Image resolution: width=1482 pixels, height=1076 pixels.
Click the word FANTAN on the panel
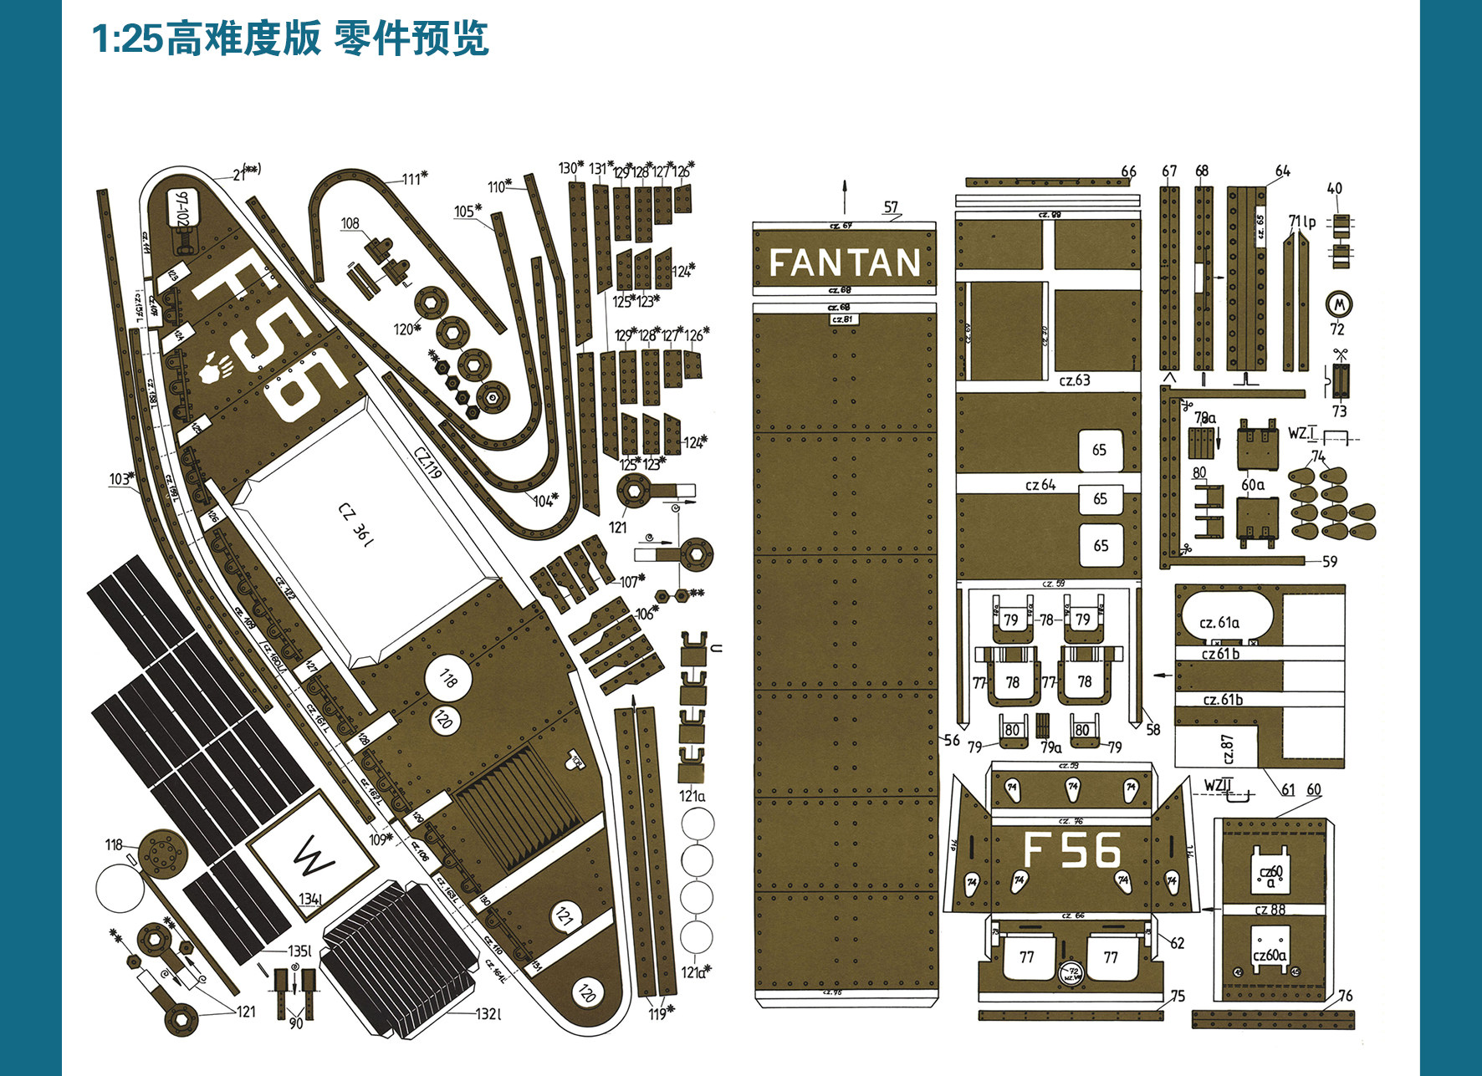(x=844, y=263)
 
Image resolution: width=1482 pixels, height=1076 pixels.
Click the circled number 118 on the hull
(x=448, y=679)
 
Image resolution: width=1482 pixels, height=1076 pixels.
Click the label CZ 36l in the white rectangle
(x=355, y=523)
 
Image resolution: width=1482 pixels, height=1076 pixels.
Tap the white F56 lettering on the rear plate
(x=1071, y=850)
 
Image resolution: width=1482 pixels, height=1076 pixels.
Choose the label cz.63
(x=1075, y=380)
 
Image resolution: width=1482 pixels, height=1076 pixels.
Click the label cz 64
(x=1040, y=485)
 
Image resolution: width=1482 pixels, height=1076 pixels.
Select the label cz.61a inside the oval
(x=1219, y=622)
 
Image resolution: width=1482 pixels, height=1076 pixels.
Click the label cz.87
(x=1228, y=749)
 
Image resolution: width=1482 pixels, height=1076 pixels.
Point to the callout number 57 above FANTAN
(x=891, y=207)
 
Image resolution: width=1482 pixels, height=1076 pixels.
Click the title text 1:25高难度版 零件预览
(x=289, y=38)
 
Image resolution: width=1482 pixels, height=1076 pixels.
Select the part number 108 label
(x=350, y=223)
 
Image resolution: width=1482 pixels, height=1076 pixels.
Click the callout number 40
(x=1335, y=189)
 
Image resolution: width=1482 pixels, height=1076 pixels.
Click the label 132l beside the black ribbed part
(x=488, y=1014)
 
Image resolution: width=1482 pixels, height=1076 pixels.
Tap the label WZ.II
(x=1219, y=784)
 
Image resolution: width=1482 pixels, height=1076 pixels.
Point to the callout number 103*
(x=121, y=479)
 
